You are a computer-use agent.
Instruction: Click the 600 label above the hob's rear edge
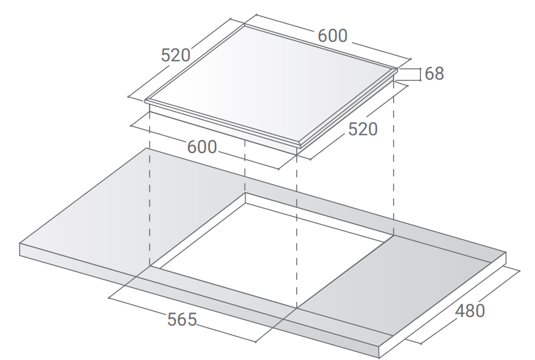coord(332,36)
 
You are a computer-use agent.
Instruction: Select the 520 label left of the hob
coord(175,55)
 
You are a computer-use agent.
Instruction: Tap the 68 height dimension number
coord(434,73)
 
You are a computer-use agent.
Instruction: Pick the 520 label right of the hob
coord(363,129)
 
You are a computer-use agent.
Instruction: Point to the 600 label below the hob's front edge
coord(202,147)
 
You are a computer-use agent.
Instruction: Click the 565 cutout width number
coord(182,319)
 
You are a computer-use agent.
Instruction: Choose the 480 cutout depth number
coord(470,311)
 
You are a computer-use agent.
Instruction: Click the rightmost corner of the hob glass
coord(398,69)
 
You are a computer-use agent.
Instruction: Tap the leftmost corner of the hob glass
coord(145,100)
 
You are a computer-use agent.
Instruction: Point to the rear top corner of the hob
coord(244,24)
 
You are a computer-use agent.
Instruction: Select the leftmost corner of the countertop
coord(19,244)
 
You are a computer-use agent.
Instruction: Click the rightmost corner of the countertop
coord(506,252)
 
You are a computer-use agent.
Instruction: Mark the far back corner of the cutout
coord(245,193)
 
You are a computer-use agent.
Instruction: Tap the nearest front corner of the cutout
coord(297,308)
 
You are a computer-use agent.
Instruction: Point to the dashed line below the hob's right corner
coord(394,158)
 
